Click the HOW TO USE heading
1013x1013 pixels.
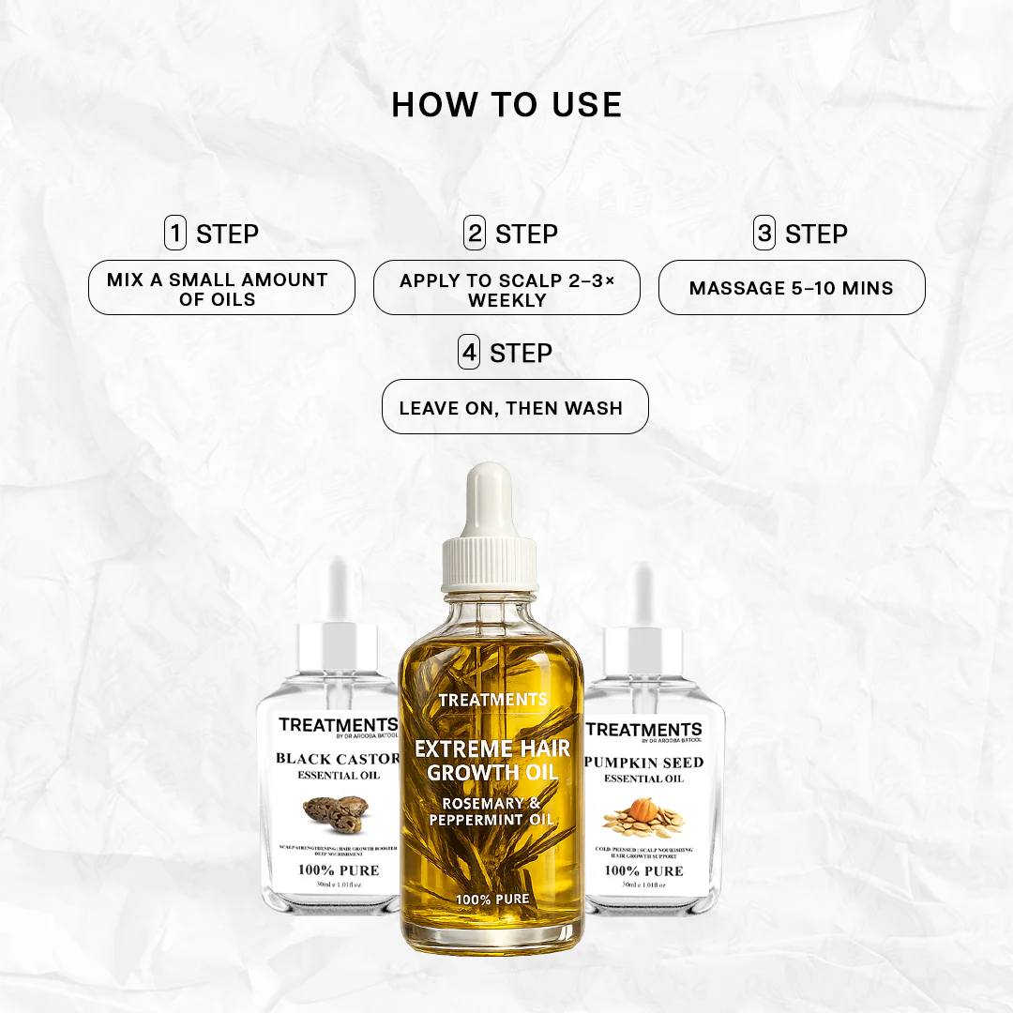[506, 105]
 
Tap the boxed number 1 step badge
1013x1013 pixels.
[175, 234]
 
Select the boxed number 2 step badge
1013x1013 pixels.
[475, 234]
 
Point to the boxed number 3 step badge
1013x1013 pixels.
[764, 234]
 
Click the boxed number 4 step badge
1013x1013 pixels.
[469, 354]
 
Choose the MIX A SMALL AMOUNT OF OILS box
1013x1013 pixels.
[221, 288]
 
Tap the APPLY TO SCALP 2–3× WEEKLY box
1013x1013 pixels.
[506, 288]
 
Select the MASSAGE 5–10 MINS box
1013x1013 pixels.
[792, 288]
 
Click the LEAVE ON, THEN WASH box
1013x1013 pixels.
[515, 407]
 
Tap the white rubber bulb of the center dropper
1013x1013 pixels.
[490, 502]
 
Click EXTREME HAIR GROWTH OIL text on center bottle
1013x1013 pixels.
[492, 761]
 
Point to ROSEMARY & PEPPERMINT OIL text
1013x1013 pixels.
[491, 811]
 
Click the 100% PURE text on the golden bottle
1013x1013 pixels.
[492, 900]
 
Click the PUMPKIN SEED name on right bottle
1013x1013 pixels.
[643, 762]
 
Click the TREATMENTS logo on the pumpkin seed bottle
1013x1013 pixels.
[643, 730]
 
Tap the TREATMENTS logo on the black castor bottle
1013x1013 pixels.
[338, 725]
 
